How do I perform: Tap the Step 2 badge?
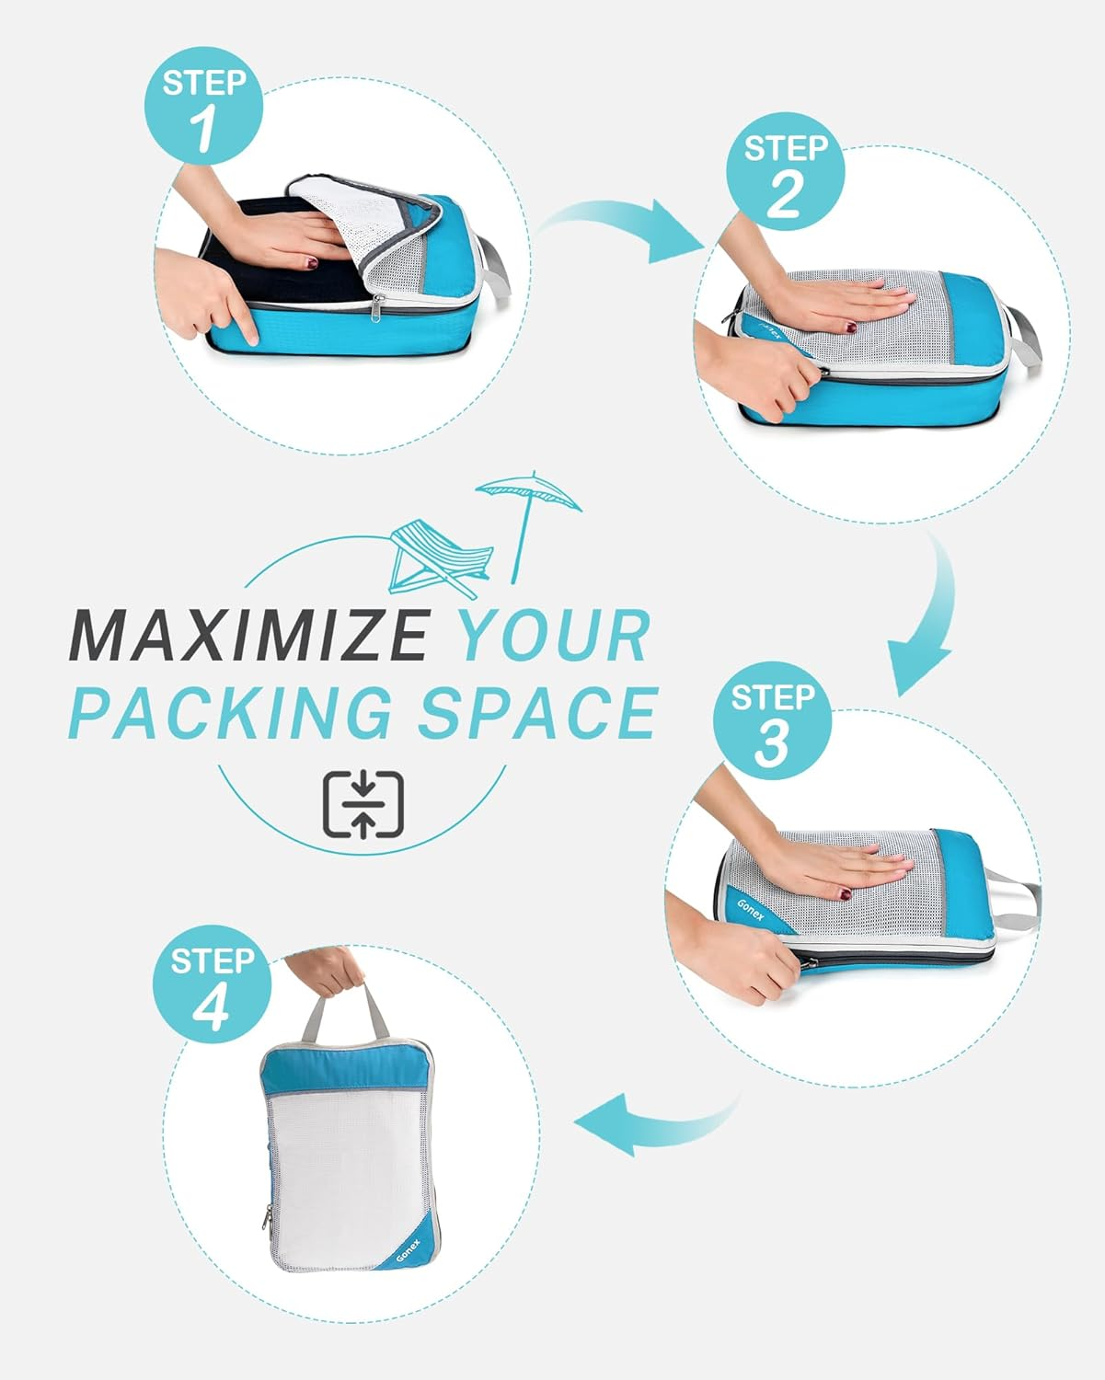click(x=785, y=172)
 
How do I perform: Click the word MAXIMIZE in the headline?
click(x=248, y=635)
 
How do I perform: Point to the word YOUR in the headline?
click(x=555, y=635)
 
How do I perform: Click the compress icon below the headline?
click(x=363, y=804)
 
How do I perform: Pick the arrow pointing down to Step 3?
click(x=925, y=626)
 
